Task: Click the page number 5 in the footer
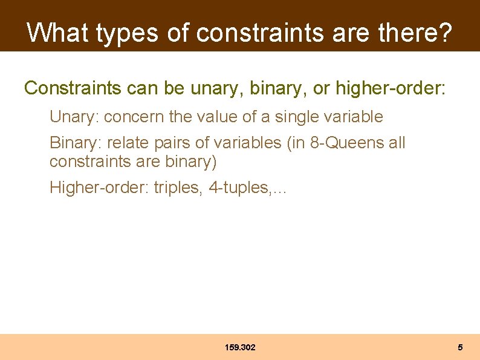460,347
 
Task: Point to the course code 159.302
240,347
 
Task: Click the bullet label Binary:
76,143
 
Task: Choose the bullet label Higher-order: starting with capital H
99,188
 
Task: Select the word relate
129,143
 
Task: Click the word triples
178,188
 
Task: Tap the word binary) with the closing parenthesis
190,162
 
